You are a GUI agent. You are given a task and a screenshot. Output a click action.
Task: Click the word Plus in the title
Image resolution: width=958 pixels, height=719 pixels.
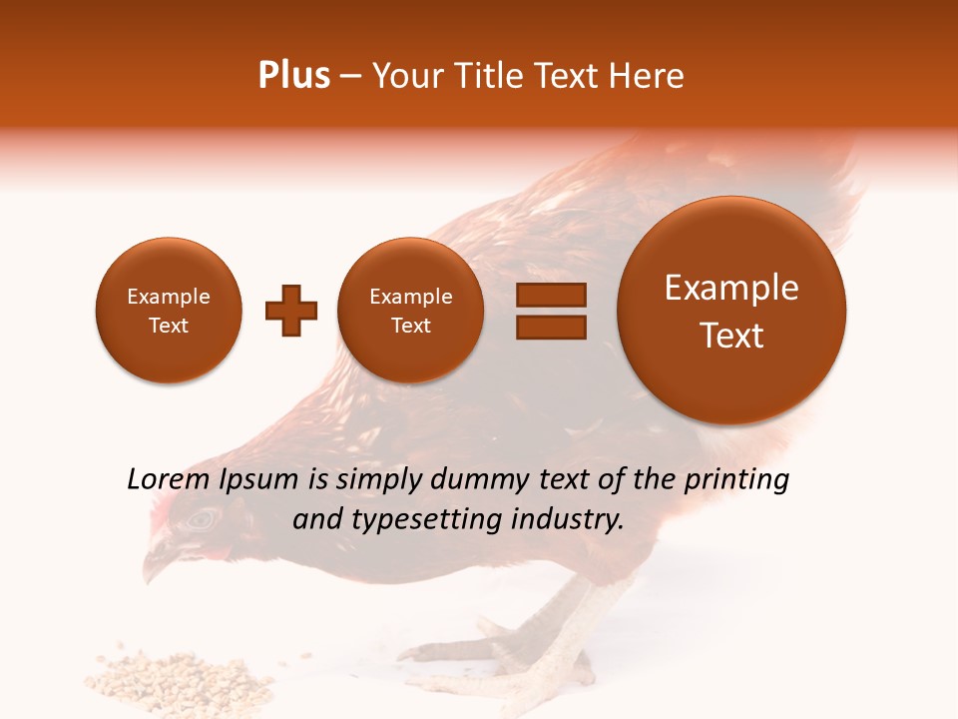tap(293, 76)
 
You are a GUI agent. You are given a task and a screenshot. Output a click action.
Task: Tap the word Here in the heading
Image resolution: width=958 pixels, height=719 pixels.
tap(647, 76)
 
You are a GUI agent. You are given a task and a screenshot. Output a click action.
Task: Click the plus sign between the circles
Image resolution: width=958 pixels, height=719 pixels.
tap(290, 311)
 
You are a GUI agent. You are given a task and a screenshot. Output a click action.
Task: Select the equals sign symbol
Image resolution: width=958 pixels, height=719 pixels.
tap(551, 311)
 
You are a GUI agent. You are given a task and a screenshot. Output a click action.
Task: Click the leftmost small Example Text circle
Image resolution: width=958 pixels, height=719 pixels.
tap(169, 311)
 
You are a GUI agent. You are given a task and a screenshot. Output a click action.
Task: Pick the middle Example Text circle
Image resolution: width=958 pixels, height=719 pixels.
tap(411, 311)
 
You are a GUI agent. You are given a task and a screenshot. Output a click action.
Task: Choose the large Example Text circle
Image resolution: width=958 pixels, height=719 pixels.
tap(731, 311)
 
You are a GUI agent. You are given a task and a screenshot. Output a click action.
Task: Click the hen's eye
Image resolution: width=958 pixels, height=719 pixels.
tap(204, 518)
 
